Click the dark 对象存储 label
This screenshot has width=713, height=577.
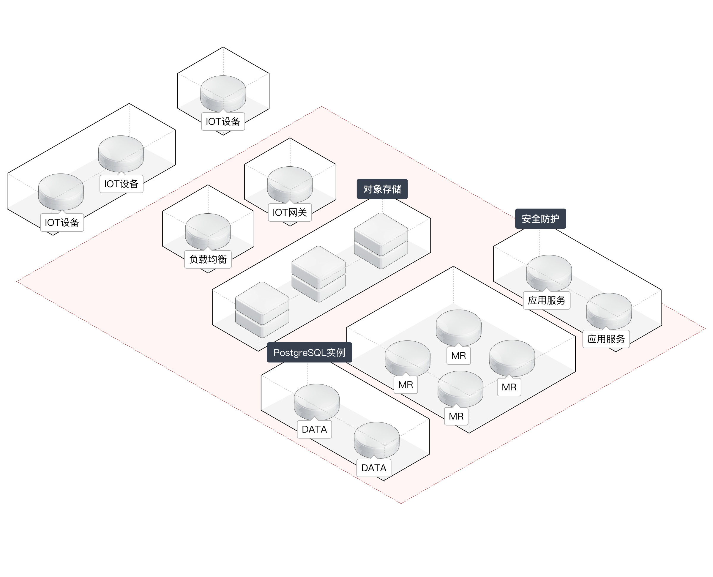coord(382,189)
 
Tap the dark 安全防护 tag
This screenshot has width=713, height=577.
coord(540,219)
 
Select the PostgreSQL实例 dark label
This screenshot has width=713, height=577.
coord(309,352)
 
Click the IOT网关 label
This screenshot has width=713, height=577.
coord(289,212)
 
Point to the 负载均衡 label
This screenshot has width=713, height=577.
coord(208,259)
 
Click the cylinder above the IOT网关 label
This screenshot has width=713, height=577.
coord(290,184)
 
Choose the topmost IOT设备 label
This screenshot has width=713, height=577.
coord(223,122)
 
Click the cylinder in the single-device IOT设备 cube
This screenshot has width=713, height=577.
coord(223,93)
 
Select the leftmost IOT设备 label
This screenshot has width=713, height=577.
coord(62,222)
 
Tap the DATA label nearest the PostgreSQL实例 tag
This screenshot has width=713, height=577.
coord(314,429)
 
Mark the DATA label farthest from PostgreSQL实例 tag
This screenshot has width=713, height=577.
coord(373,468)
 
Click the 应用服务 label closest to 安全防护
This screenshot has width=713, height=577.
coord(547,300)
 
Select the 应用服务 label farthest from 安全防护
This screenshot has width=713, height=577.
coord(606,339)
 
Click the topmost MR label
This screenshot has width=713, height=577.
coord(458,356)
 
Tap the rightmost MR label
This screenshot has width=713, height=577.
coord(509,387)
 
